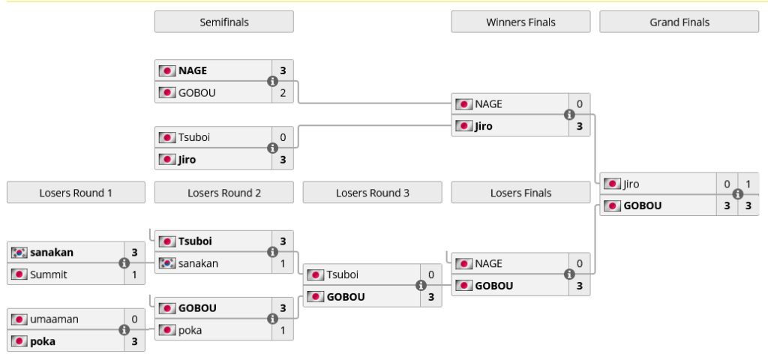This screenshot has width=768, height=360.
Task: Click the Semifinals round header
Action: (223, 22)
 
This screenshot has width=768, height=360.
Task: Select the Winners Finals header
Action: (520, 22)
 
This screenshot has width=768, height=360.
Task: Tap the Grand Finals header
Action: (679, 22)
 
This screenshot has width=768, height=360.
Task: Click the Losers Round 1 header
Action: (76, 193)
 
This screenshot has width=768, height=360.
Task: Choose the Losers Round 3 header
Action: (372, 193)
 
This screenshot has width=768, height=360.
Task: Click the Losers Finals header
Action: (520, 193)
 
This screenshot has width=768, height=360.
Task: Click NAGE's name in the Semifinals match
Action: (193, 70)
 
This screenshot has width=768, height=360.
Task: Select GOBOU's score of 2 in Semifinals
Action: (283, 93)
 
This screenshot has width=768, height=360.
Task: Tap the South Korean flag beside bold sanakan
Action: (19, 253)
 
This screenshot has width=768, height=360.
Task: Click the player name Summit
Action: (49, 274)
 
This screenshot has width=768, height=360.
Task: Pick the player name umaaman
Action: (54, 319)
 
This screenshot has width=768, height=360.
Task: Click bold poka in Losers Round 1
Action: (43, 341)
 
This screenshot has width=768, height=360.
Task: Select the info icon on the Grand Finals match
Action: (737, 194)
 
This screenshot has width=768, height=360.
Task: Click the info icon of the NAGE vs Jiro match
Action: (568, 115)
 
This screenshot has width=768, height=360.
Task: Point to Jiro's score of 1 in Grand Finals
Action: (748, 184)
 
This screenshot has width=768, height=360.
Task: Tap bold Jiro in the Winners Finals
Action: (484, 126)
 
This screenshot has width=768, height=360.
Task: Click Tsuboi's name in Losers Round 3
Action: (343, 274)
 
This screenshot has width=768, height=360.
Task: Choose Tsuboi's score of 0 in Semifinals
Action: (283, 137)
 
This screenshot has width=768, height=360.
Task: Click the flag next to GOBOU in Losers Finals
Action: (465, 286)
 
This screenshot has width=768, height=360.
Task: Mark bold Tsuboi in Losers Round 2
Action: (195, 241)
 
